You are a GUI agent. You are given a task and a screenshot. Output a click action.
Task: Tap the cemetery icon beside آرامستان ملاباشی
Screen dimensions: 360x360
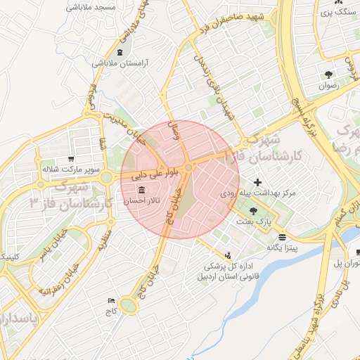point(120,53)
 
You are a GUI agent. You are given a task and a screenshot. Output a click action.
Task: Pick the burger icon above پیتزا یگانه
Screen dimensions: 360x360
point(282,237)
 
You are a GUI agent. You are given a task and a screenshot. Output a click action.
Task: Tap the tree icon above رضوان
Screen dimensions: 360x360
point(328,74)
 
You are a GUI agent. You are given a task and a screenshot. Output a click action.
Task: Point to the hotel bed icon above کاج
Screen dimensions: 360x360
point(110,300)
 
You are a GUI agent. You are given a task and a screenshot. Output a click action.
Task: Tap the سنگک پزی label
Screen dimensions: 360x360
point(333,12)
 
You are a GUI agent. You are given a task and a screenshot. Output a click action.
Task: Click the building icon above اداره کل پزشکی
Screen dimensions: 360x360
point(227,255)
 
